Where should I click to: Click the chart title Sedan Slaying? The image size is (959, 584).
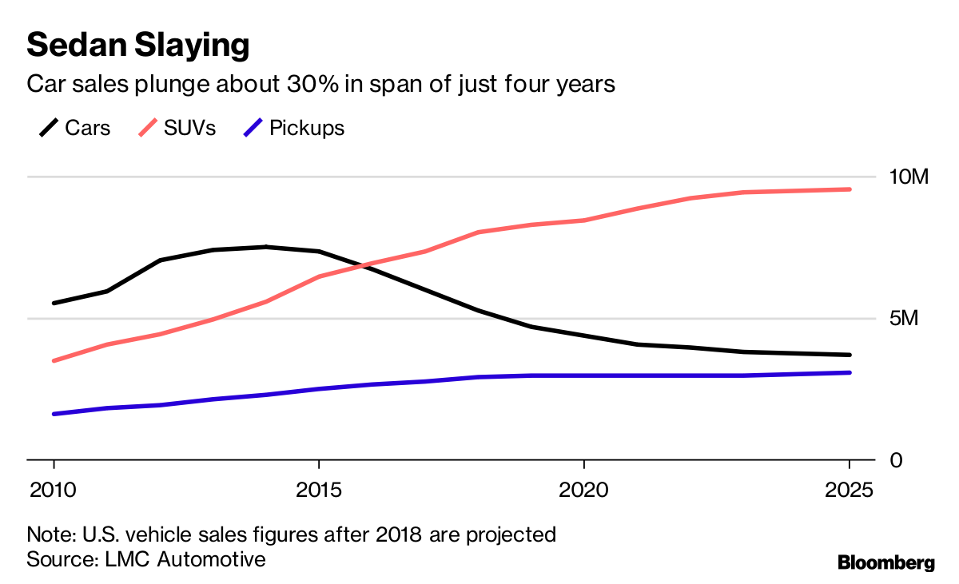click(x=137, y=45)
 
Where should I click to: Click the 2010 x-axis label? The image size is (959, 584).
click(x=54, y=488)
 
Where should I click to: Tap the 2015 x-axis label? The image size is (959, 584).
click(x=319, y=488)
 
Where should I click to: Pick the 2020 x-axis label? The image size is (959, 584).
click(x=584, y=488)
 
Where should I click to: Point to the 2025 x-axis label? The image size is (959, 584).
click(x=850, y=488)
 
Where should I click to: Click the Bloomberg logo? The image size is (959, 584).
click(x=885, y=562)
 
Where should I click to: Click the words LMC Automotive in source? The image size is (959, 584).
click(x=185, y=558)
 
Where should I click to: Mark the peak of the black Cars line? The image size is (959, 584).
click(x=266, y=247)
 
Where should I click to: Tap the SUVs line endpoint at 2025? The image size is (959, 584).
click(x=849, y=189)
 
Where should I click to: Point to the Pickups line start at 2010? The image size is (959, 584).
click(x=54, y=414)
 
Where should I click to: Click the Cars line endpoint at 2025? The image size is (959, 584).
click(x=849, y=355)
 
